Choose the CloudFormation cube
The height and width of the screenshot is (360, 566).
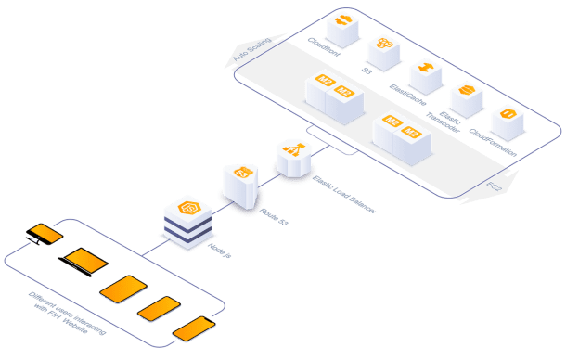point(507,122)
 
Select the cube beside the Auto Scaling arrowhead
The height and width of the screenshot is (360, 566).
point(343,29)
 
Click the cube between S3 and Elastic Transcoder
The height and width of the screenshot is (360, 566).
point(424,75)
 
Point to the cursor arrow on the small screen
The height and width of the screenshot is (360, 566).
point(34,240)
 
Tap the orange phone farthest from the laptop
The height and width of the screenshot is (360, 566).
point(194,328)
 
